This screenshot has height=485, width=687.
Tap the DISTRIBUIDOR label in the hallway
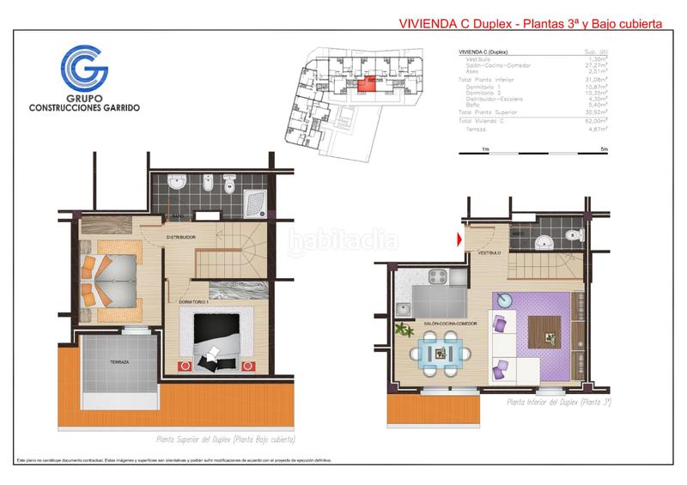(x=181, y=237)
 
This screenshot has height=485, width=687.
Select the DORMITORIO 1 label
(x=195, y=301)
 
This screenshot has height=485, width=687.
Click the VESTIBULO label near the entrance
(x=489, y=253)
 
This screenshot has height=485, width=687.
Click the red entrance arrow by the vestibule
(x=460, y=239)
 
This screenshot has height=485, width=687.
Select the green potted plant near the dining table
(x=399, y=328)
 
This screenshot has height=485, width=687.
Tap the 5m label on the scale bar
(x=604, y=149)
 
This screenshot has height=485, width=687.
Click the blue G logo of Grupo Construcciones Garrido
(x=83, y=69)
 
